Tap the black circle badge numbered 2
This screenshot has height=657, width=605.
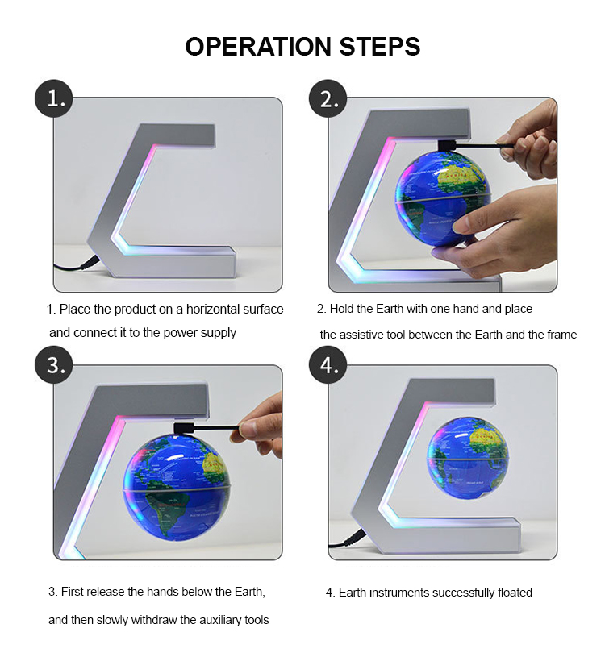coord(329,99)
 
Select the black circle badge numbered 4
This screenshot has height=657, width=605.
coord(329,365)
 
